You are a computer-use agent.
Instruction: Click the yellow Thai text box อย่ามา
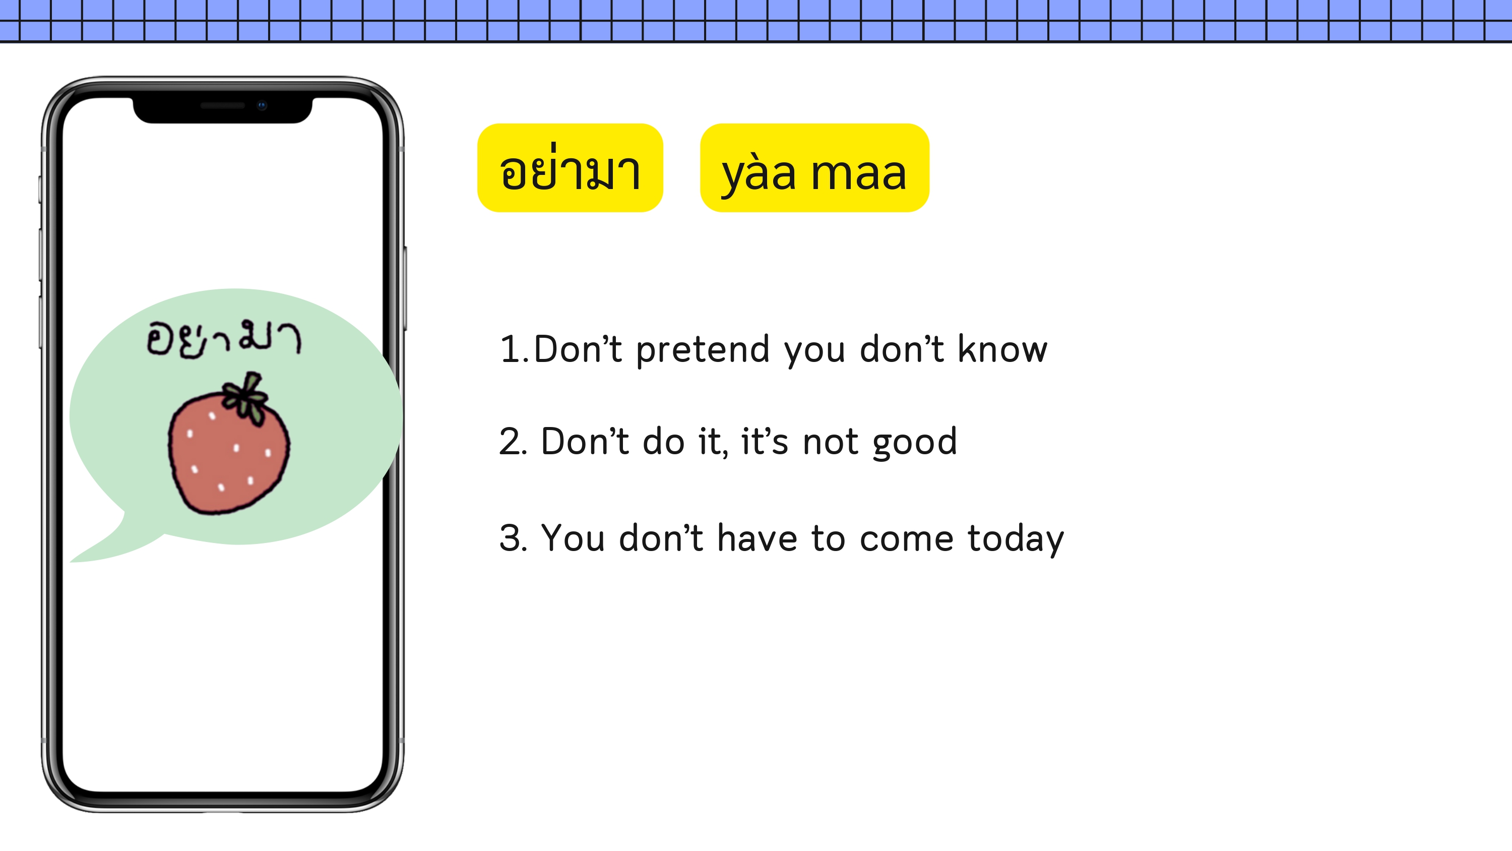(570, 168)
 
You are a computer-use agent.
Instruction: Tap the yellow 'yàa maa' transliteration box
(814, 168)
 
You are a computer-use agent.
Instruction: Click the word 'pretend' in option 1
(703, 350)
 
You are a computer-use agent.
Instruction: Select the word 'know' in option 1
(1002, 348)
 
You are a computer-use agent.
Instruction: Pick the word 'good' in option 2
(915, 443)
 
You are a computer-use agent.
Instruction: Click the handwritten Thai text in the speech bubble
(224, 339)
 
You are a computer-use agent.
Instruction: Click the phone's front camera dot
(262, 106)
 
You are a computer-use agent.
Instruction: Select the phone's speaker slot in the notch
(222, 106)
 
